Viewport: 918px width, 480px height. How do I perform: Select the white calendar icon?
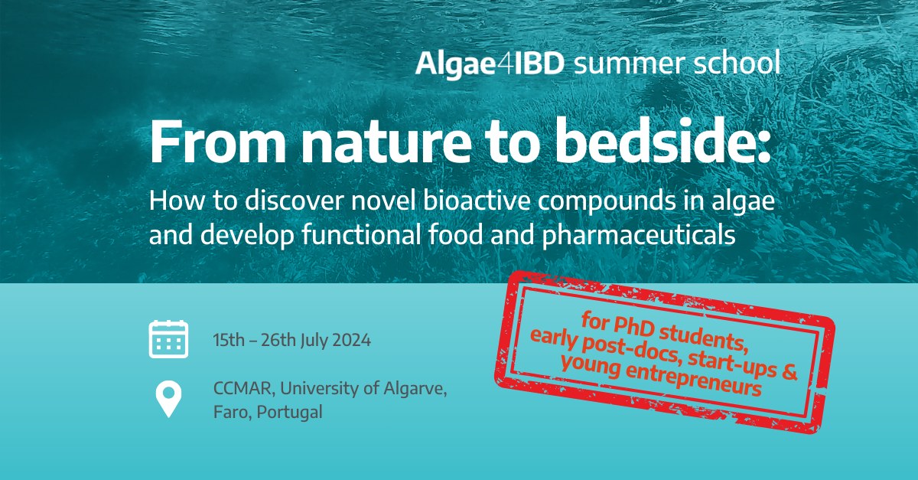[168, 340]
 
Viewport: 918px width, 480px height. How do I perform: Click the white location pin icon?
[168, 399]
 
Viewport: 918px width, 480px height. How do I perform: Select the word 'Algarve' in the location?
[416, 389]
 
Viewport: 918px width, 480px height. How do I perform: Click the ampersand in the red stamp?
[789, 374]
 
